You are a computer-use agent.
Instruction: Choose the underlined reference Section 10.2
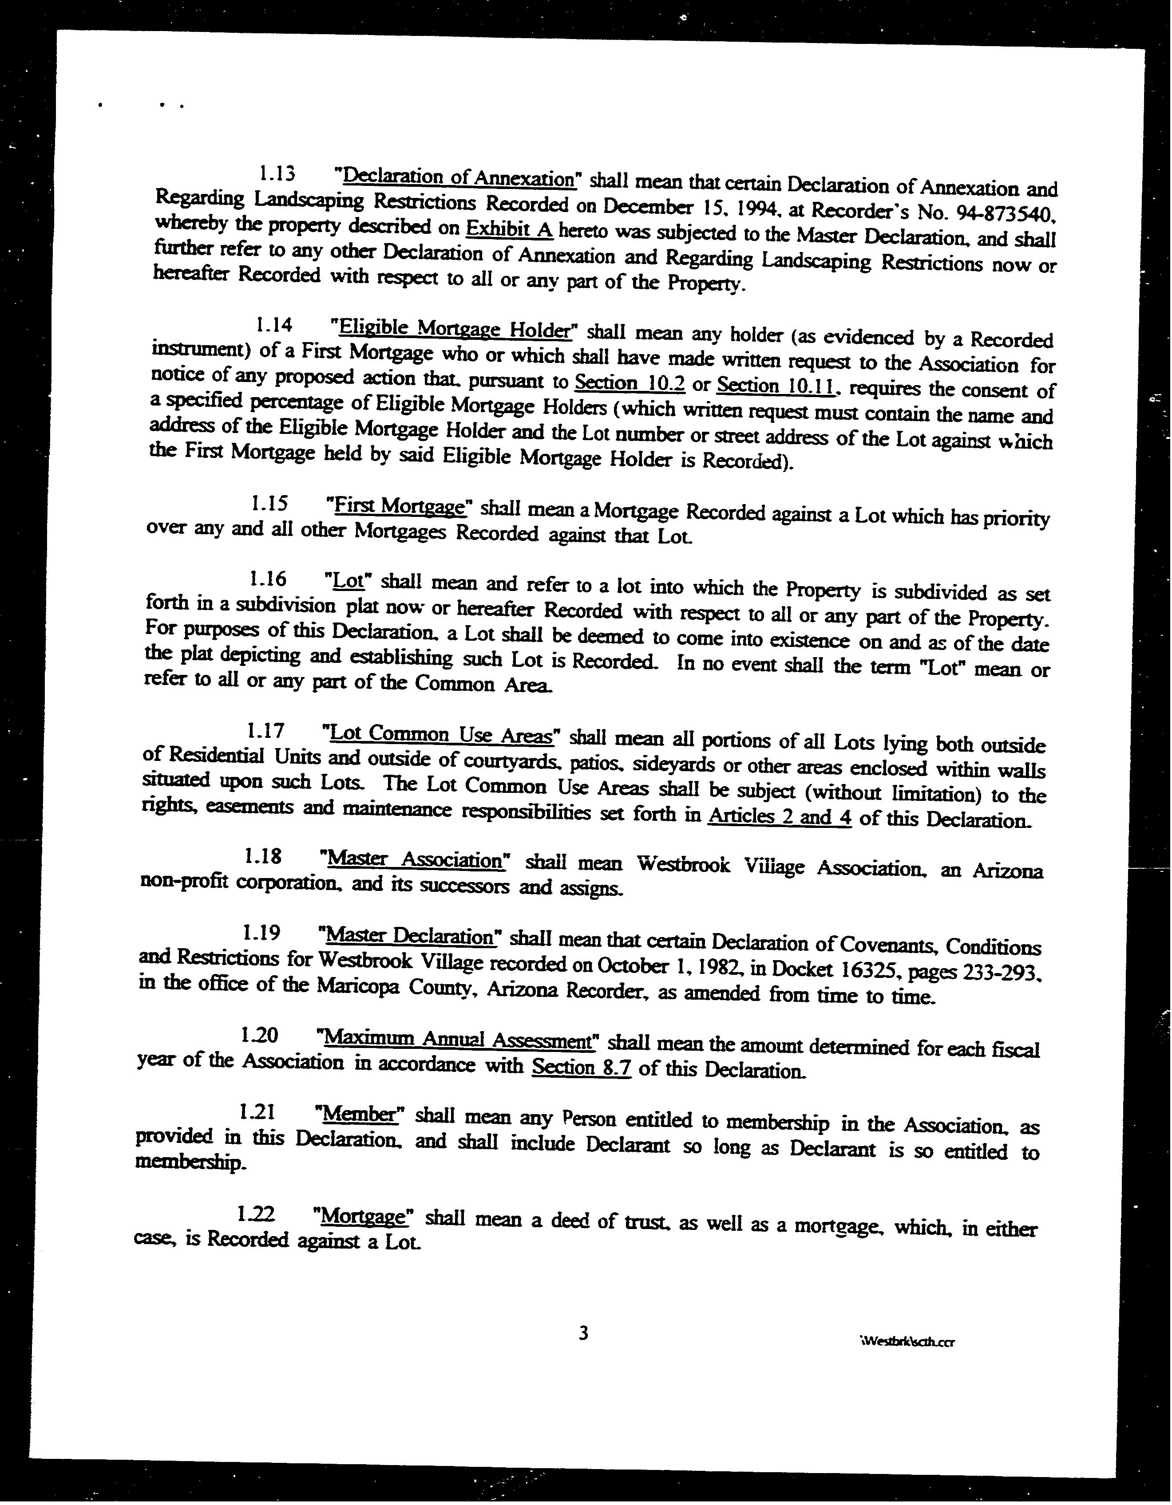tap(630, 382)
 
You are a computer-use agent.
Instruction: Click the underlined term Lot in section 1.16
tap(348, 580)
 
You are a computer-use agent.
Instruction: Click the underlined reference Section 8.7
tap(581, 1068)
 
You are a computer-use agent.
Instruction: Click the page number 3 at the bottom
tap(583, 1333)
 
